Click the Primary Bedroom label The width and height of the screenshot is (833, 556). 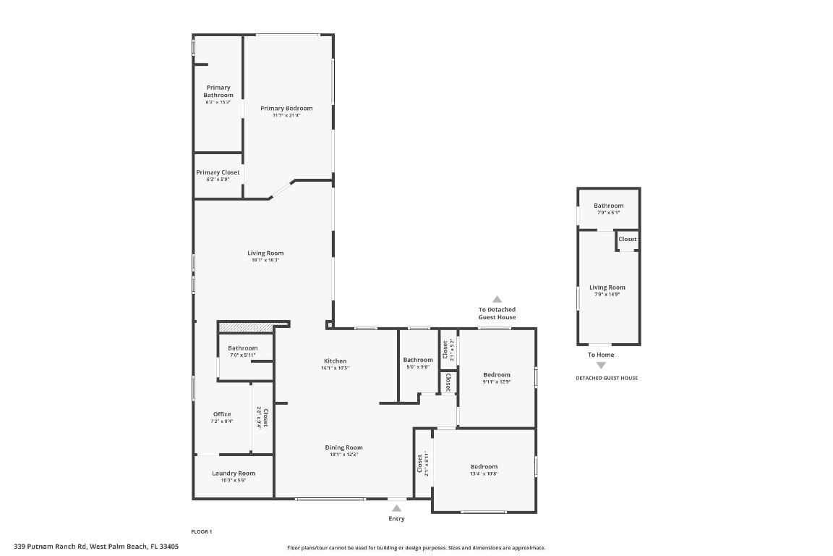point(286,109)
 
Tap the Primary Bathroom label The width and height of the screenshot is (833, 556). point(218,91)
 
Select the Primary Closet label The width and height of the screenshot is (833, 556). point(218,172)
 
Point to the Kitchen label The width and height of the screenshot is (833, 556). point(335,361)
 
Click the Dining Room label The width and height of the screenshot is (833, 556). point(343,447)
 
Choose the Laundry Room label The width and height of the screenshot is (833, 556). point(234,473)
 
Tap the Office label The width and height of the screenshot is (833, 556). point(222,414)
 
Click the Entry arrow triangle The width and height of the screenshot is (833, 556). point(396,508)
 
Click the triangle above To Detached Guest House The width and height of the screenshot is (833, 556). point(497,299)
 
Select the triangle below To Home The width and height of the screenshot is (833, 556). point(601,366)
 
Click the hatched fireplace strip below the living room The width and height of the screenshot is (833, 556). point(254,325)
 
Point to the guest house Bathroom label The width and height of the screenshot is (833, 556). point(608,206)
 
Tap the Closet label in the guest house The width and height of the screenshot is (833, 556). point(628,239)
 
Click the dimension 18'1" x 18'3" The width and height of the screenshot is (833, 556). point(265,260)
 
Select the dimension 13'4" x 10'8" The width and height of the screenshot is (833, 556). point(484,473)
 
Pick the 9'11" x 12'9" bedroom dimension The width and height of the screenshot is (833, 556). point(497,382)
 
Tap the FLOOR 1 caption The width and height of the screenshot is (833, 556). point(201,531)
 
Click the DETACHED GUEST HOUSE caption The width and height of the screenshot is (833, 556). point(606,378)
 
